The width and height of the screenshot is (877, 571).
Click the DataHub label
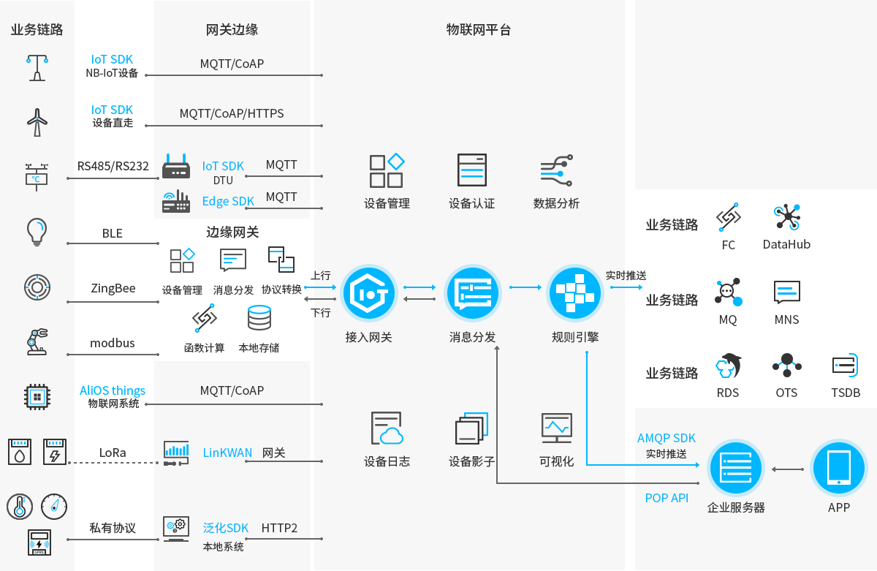[786, 245]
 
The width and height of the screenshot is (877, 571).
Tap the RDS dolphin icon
[728, 366]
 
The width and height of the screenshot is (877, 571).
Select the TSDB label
[846, 393]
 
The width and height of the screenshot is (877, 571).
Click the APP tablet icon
[839, 469]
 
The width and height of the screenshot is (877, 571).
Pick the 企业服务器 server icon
[735, 469]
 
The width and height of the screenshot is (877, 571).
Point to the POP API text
[667, 499]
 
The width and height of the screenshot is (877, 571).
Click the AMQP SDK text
[667, 439]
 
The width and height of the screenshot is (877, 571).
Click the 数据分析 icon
[556, 171]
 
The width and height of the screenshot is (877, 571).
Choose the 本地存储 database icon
[259, 319]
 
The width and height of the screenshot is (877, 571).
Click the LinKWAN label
[227, 453]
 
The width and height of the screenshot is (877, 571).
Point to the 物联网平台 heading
[479, 30]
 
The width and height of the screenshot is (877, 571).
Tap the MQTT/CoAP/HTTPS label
[232, 114]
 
